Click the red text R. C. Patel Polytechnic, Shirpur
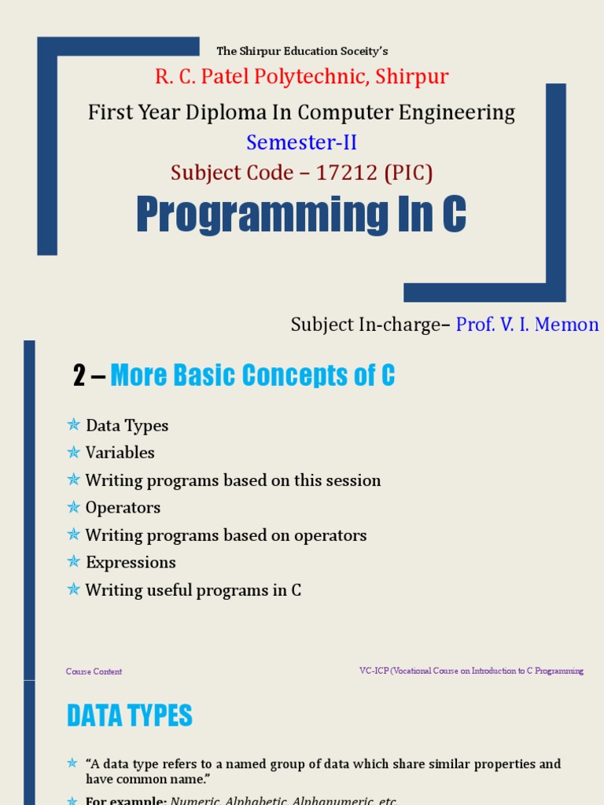pos(302,77)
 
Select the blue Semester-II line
pos(302,142)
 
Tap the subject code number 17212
pos(346,172)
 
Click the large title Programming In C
pos(301,215)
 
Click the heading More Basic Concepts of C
pos(252,377)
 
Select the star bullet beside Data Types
pos(74,425)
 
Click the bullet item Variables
pos(120,453)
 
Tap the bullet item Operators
pos(123,508)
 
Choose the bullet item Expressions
pos(131,563)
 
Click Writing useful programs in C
pos(193,590)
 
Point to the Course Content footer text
pos(94,671)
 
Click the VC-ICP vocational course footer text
pos(471,671)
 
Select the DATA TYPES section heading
pos(130,716)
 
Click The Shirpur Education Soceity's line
pos(302,51)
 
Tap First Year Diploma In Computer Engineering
pos(302,112)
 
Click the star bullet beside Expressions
pos(74,562)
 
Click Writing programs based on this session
pos(233,480)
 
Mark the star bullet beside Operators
pos(74,507)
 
